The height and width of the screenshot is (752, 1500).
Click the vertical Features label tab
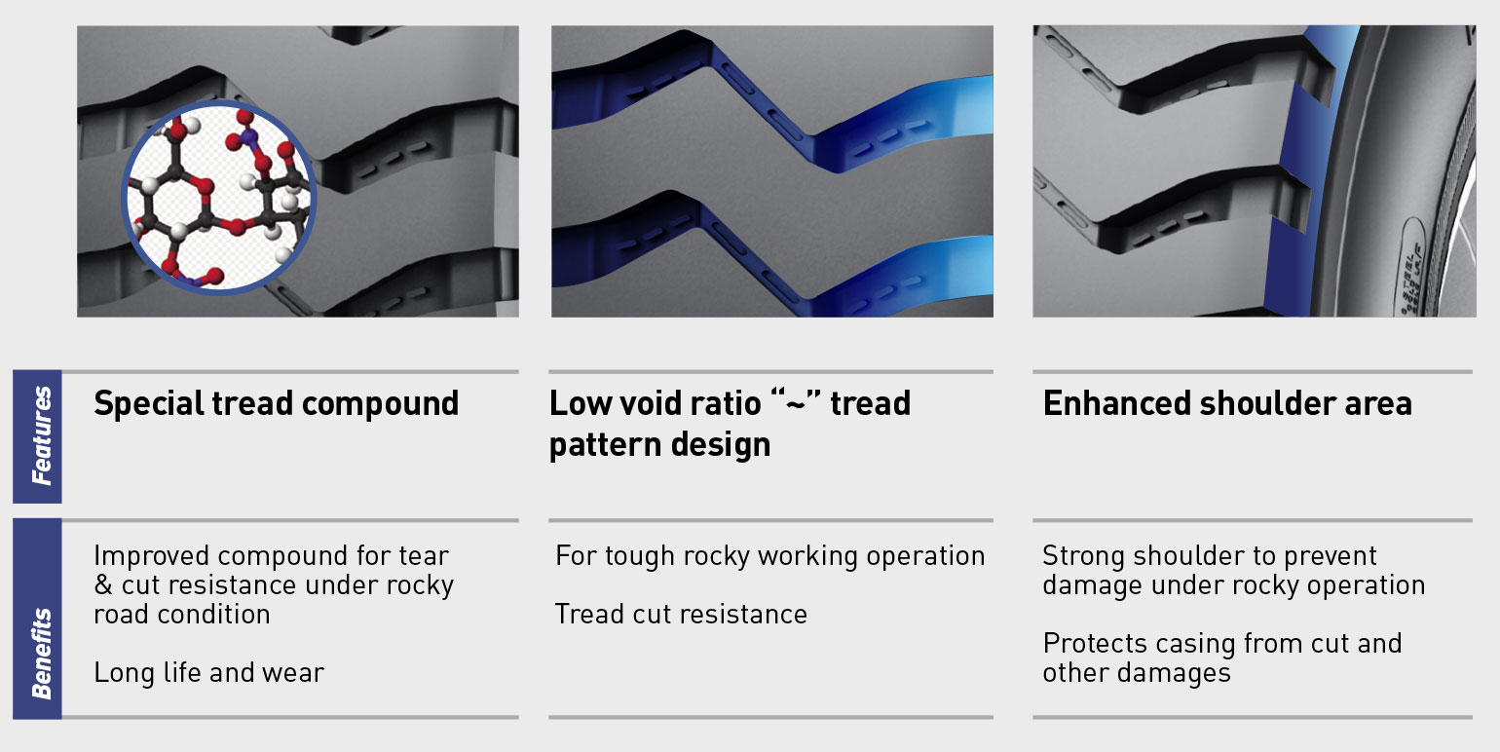point(37,436)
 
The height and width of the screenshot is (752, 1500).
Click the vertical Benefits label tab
point(37,619)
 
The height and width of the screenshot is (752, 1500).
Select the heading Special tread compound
point(276,404)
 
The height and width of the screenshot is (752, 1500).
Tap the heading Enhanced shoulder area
point(1227,404)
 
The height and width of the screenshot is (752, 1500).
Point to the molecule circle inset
point(219,198)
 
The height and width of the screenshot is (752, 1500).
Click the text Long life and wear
point(208,672)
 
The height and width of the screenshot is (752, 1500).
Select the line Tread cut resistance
point(681,614)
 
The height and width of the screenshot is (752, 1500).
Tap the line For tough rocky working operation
point(770,556)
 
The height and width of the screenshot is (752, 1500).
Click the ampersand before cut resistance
point(103,584)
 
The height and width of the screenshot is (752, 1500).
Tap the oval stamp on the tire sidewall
point(1412,265)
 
